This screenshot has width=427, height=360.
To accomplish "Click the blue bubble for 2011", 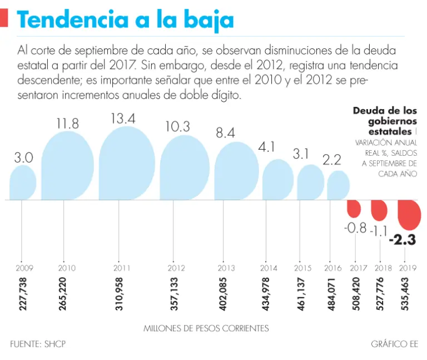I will coord(126,164).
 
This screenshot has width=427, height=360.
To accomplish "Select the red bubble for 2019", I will coord(410,214).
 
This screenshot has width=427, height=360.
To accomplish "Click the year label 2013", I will coord(225,268).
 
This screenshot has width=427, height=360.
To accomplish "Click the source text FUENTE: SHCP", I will coord(38,344).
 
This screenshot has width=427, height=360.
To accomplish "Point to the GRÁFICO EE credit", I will coord(394,344).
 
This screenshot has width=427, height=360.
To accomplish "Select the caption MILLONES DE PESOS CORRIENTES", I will coord(206,328).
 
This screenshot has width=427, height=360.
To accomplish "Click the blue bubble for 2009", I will coord(23,183).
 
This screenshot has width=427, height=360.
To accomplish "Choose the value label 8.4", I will coord(225,133).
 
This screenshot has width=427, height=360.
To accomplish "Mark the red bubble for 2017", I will coord(355,209).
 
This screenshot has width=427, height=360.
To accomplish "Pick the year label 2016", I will coord(332,268).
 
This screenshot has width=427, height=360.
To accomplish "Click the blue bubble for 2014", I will coord(277,180).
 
